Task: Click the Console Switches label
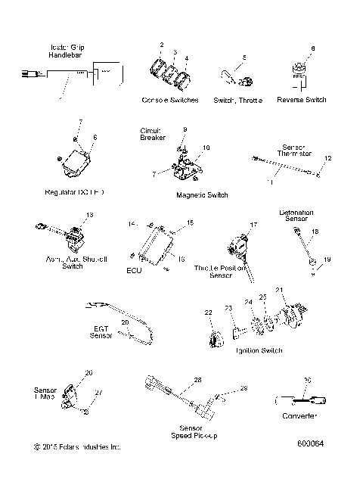[170, 101]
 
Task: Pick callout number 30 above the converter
[307, 380]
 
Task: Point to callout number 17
[254, 225]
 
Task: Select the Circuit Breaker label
[150, 134]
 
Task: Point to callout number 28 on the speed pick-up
[197, 380]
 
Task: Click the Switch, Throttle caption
[237, 101]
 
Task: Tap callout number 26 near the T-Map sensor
[88, 373]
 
